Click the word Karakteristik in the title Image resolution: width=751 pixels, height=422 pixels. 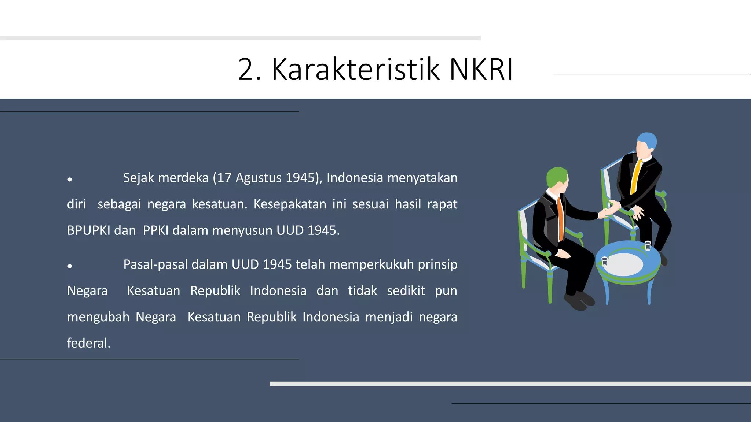click(355, 69)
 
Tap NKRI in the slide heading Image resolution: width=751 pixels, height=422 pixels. click(481, 69)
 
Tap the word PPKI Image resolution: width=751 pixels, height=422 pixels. click(155, 230)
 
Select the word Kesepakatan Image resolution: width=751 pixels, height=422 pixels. click(290, 204)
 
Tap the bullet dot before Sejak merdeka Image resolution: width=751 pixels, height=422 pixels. click(70, 179)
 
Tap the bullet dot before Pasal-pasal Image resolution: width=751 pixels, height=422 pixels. click(70, 266)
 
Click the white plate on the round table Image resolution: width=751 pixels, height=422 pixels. click(623, 264)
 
